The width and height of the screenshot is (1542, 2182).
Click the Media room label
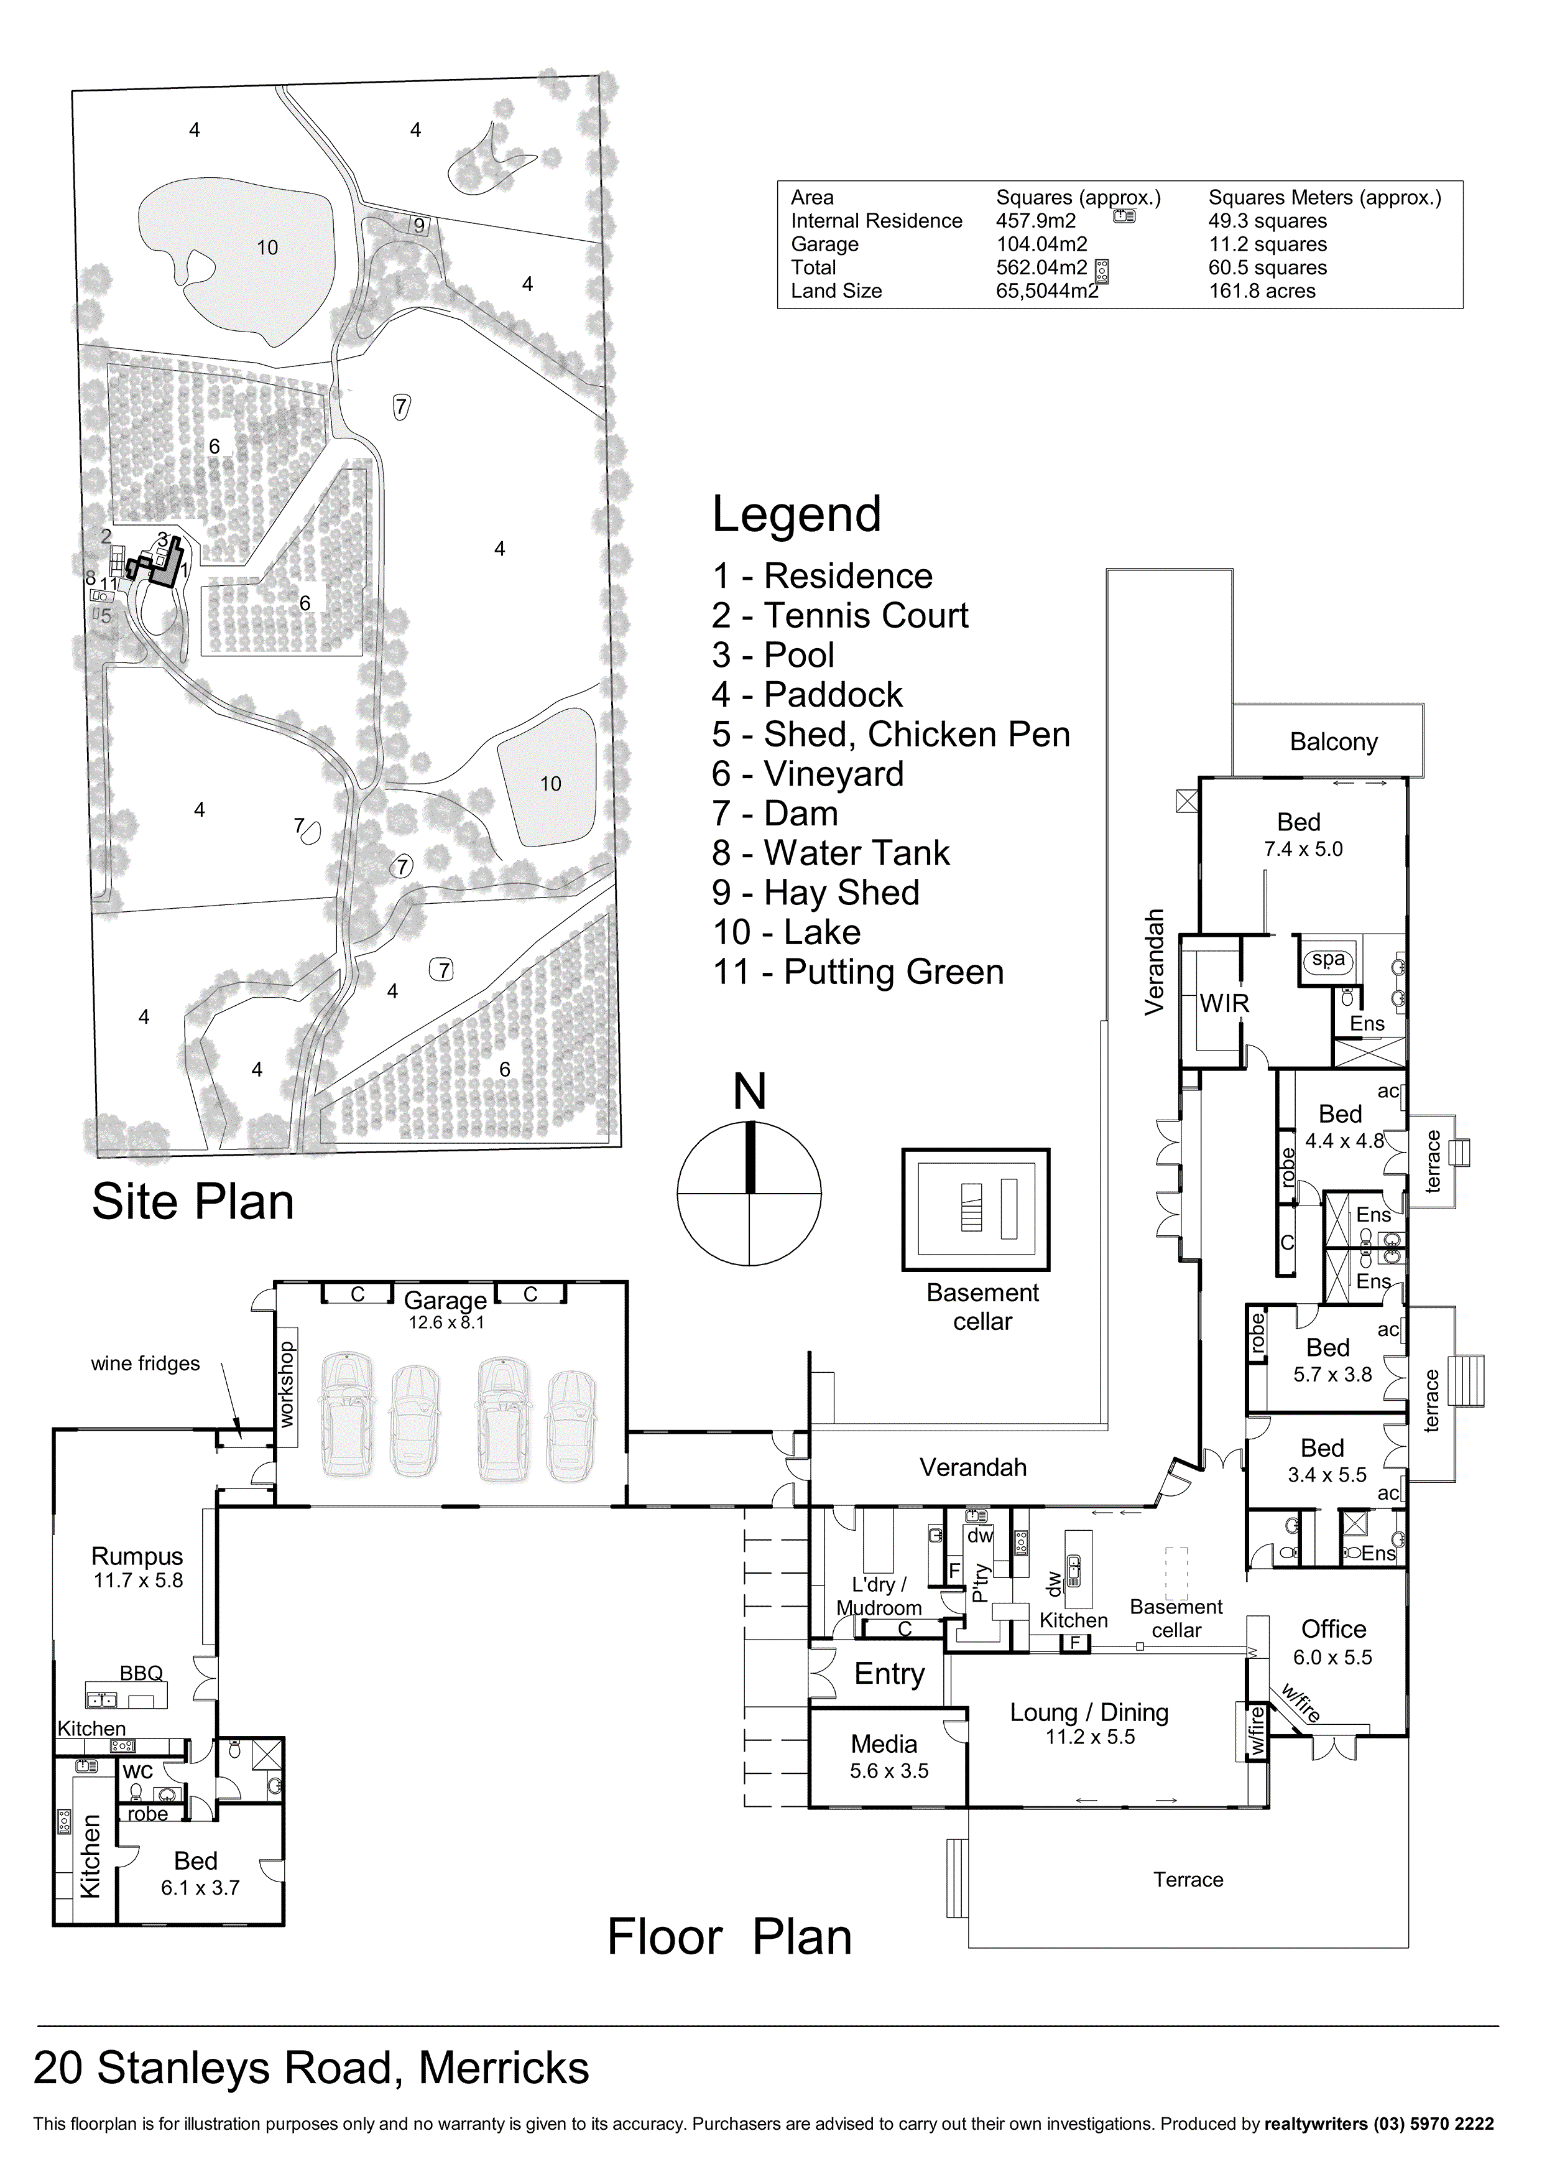click(x=884, y=1744)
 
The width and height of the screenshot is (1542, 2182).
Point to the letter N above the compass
click(x=750, y=1093)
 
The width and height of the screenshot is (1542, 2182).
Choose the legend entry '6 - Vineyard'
click(x=808, y=774)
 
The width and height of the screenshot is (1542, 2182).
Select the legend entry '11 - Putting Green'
click(x=858, y=972)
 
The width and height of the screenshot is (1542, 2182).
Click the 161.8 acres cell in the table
click(x=1262, y=291)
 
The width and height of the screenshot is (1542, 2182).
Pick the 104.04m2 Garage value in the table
click(x=1041, y=244)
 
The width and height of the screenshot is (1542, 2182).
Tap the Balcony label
click(x=1333, y=742)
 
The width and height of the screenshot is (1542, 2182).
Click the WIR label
click(x=1224, y=1003)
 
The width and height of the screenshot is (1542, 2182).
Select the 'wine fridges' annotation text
click(x=145, y=1363)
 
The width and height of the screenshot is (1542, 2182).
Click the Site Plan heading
click(x=193, y=1202)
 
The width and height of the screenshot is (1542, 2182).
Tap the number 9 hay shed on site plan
click(x=420, y=226)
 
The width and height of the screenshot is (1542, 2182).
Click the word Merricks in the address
click(x=504, y=2068)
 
